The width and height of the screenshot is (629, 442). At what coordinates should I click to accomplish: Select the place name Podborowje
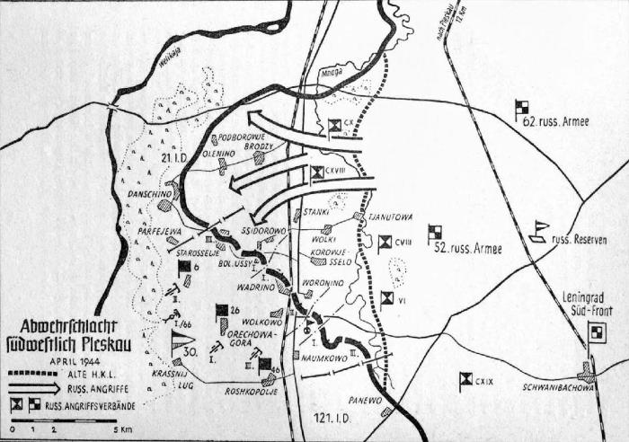(244, 138)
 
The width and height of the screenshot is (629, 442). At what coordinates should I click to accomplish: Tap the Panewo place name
(368, 402)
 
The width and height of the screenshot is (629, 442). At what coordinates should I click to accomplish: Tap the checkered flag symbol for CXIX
(465, 381)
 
